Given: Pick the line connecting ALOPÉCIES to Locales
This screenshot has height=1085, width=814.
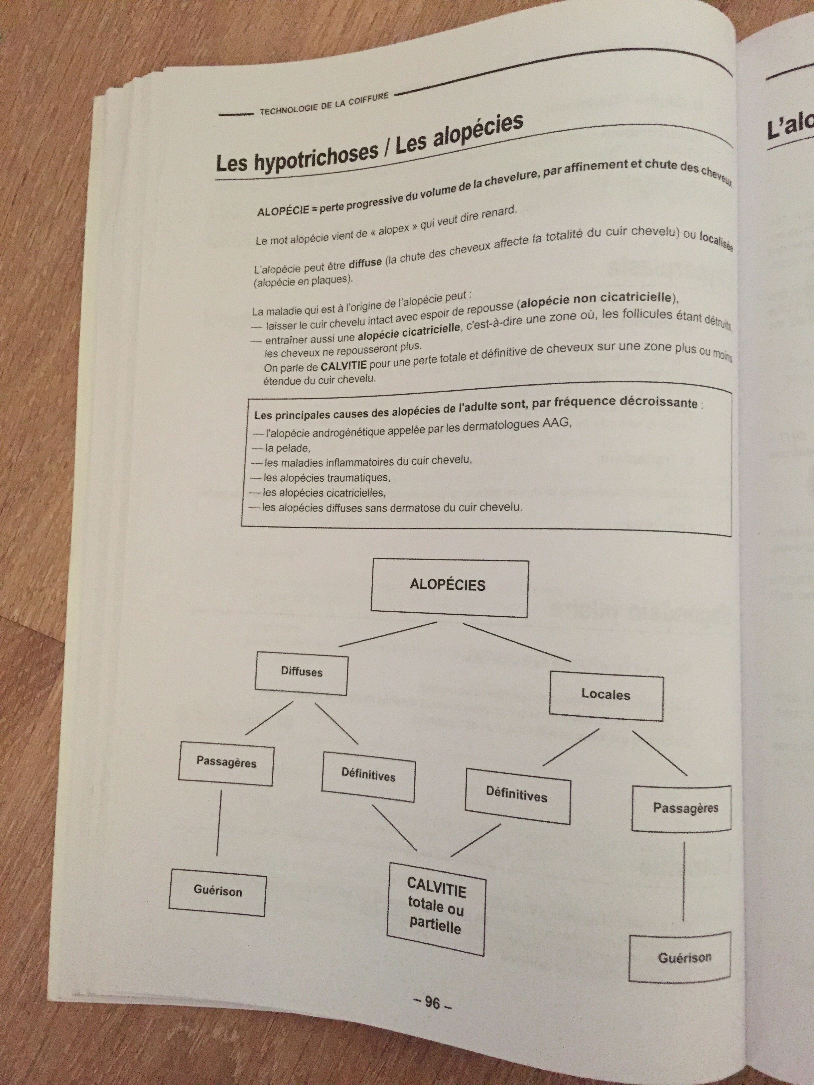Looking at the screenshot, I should [518, 643].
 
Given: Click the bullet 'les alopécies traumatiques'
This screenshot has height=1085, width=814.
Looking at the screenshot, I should [326, 477].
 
